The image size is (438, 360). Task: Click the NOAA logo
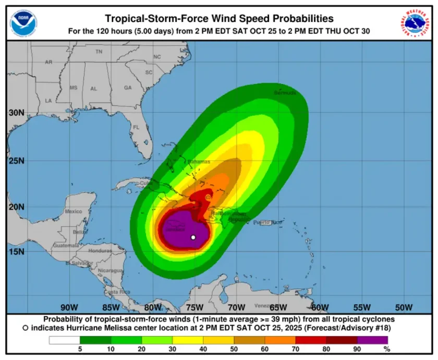pyautogui.click(x=24, y=22)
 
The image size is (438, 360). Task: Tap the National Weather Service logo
pyautogui.click(x=415, y=22)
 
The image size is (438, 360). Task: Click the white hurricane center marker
pyautogui.click(x=193, y=238)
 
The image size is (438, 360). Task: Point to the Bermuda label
pyautogui.click(x=285, y=93)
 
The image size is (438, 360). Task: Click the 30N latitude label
pyautogui.click(x=17, y=113)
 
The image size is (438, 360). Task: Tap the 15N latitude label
pyautogui.click(x=17, y=252)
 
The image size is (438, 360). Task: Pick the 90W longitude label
pyautogui.click(x=69, y=307)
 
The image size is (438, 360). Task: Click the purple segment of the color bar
pyautogui.click(x=372, y=340)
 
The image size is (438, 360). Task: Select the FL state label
pyautogui.click(x=136, y=128)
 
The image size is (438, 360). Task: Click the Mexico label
pyautogui.click(x=74, y=212)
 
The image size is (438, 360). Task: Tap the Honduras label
pyautogui.click(x=101, y=251)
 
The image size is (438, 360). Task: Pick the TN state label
pyautogui.click(x=99, y=52)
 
